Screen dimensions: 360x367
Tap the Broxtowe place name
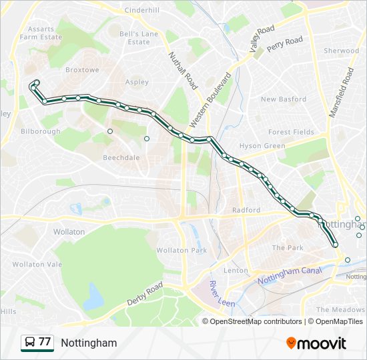81,69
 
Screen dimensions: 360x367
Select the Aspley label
137,81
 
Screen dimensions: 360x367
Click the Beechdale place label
121,158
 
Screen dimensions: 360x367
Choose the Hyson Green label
262,145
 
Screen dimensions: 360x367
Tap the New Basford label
284,99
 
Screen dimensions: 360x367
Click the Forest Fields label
291,132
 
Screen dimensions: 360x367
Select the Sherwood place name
341,51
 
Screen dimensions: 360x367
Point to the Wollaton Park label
182,250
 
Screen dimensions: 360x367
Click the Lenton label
236,270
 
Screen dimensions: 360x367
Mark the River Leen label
219,293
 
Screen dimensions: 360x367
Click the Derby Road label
145,295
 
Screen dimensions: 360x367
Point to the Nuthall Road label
183,71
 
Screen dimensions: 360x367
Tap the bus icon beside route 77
29,343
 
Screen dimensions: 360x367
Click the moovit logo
316,343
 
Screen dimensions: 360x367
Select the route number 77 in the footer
45,342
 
